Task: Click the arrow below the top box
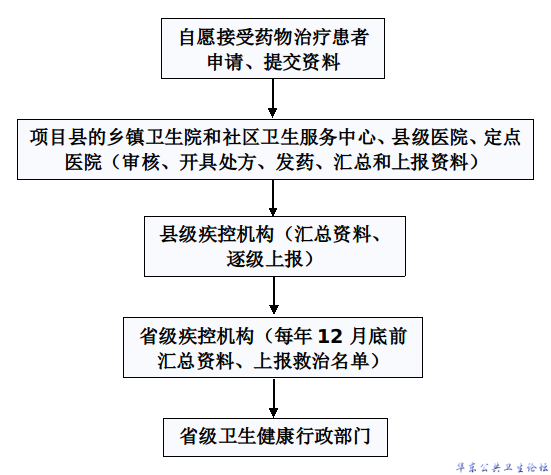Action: (x=273, y=98)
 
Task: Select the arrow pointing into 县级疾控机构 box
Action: (x=273, y=198)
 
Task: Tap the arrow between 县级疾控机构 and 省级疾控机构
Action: (x=274, y=295)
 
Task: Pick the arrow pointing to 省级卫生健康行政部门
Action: (x=274, y=398)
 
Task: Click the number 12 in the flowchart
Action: (x=330, y=336)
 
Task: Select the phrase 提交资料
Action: (x=302, y=63)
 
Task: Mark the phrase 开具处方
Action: (x=217, y=162)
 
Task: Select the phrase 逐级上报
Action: (x=264, y=259)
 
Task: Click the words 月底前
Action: (x=378, y=336)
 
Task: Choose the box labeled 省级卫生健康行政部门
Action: (x=275, y=437)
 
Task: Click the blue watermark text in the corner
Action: (x=502, y=468)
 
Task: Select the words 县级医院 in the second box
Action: (x=429, y=137)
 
